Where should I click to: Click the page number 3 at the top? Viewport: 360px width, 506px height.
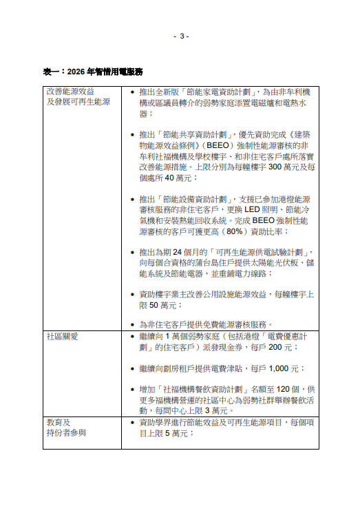pos(180,36)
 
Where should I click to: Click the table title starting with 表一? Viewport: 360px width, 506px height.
pos(93,72)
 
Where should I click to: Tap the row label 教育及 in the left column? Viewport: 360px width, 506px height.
pos(59,421)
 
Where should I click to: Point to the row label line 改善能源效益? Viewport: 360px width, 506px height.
pos(70,91)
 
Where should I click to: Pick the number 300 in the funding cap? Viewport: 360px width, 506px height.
pos(274,167)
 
